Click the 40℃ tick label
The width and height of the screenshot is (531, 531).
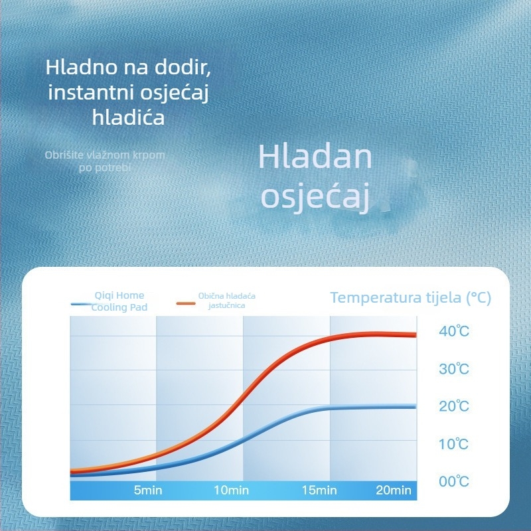click(454, 331)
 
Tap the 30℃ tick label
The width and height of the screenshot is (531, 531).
click(454, 369)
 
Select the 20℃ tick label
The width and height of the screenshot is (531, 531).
click(454, 406)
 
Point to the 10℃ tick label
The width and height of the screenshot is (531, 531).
click(454, 444)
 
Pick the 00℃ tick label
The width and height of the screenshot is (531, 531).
click(454, 481)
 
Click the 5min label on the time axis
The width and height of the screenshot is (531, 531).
click(148, 491)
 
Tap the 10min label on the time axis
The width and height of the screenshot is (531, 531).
click(231, 491)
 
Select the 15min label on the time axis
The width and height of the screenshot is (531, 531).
click(319, 491)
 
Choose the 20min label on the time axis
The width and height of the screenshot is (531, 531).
click(394, 491)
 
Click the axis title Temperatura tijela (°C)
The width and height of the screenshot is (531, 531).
click(410, 297)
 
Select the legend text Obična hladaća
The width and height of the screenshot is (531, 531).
click(227, 295)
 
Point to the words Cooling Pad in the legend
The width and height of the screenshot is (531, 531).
click(119, 307)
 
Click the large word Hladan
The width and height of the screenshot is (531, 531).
click(315, 157)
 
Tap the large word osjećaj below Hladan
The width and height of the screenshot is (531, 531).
click(315, 198)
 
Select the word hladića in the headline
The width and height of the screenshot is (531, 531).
click(128, 117)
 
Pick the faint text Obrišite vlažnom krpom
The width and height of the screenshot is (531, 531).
click(105, 155)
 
